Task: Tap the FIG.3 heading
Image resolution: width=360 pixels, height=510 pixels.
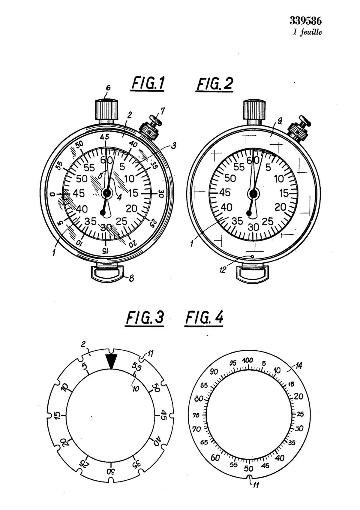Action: click(145, 317)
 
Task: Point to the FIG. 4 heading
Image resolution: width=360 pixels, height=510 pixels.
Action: click(204, 317)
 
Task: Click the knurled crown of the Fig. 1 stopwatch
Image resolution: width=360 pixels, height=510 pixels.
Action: click(106, 110)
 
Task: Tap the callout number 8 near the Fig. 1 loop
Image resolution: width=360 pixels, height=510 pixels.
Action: click(131, 279)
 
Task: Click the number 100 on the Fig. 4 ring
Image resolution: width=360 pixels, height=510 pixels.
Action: click(247, 361)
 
